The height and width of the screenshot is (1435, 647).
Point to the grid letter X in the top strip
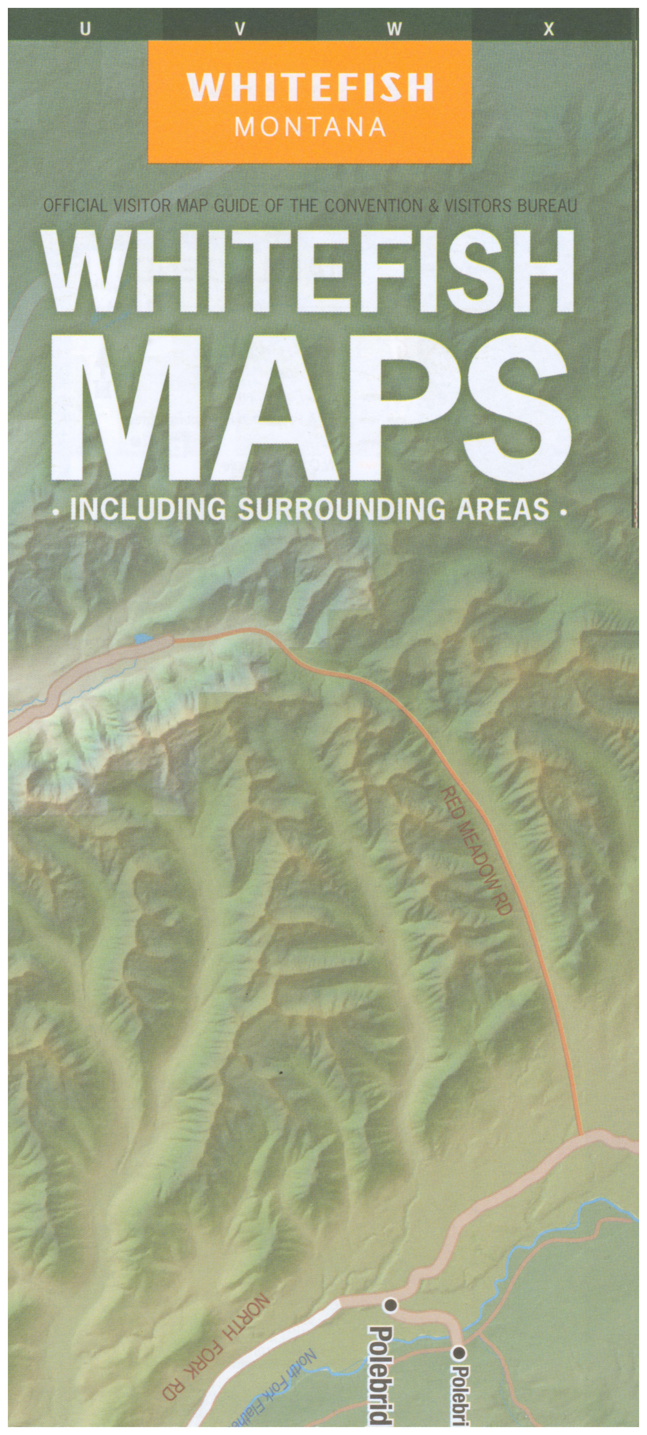549,29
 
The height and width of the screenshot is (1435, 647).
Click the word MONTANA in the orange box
310,127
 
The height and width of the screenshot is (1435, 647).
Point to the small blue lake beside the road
142,637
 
